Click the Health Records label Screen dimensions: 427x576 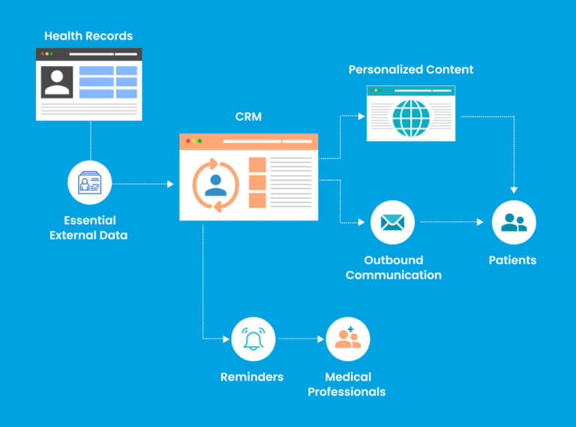(x=88, y=36)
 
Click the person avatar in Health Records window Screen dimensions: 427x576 (x=57, y=83)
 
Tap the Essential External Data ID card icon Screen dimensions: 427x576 (x=90, y=183)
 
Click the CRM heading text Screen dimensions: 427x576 (x=247, y=118)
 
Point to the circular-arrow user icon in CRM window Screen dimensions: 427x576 (x=216, y=185)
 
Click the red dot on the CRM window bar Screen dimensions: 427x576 (x=187, y=141)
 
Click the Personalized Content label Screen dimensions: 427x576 (x=411, y=70)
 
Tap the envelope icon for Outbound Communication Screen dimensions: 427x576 (x=392, y=223)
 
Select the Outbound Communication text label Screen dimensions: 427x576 (x=393, y=267)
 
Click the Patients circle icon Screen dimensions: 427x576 (x=514, y=223)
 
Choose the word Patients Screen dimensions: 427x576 (x=512, y=260)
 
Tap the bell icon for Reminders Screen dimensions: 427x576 (x=253, y=339)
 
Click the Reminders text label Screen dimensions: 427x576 (x=252, y=377)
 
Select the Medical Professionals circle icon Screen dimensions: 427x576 (x=348, y=339)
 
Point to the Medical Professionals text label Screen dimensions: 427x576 (x=346, y=384)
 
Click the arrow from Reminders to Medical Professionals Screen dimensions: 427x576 (x=300, y=339)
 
